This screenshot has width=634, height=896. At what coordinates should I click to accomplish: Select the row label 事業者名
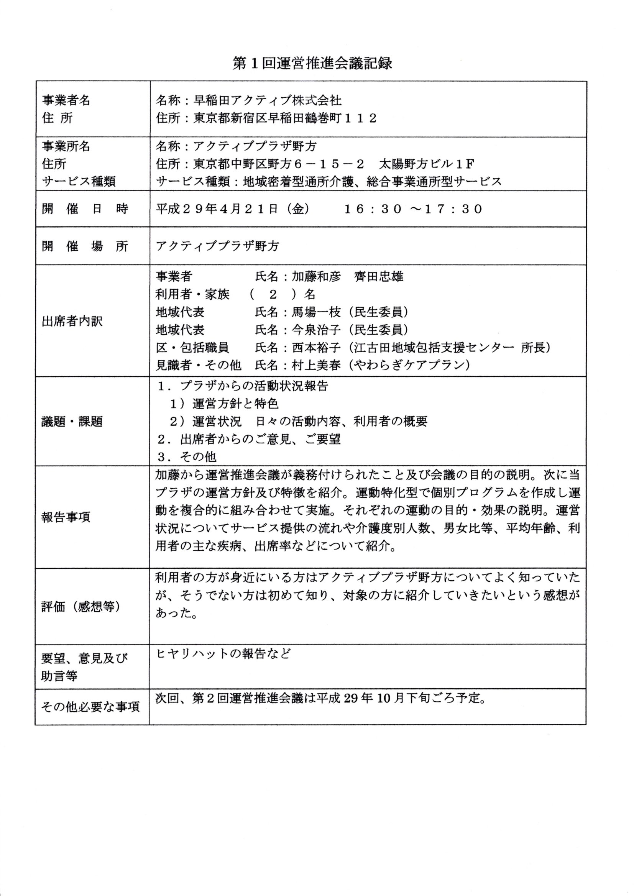pos(66,100)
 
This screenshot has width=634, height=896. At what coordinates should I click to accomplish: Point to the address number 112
pos(361,118)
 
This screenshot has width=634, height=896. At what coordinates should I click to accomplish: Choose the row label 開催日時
pos(85,209)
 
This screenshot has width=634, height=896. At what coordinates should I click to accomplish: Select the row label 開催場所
pos(85,246)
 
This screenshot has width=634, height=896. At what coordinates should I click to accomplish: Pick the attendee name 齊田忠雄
pos(379,277)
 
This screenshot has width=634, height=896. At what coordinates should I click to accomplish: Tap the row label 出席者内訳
pos(72,321)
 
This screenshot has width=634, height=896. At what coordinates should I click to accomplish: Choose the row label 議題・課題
pos(72,422)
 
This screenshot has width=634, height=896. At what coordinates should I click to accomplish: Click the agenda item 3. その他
pos(187,456)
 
